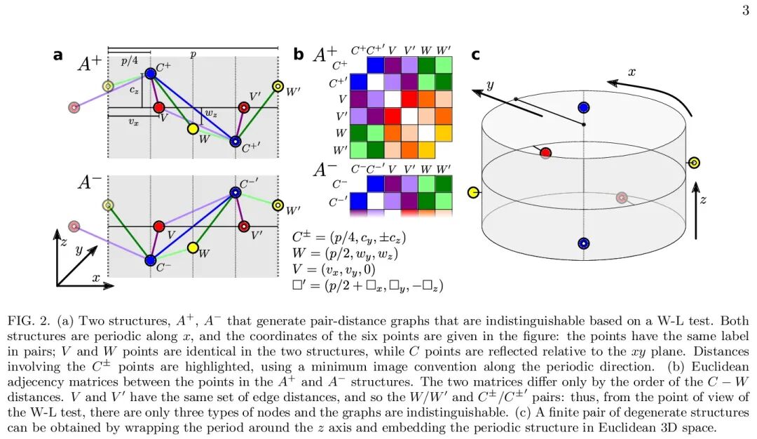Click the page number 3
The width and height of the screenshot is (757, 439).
point(745,10)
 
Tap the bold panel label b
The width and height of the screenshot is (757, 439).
point(299,55)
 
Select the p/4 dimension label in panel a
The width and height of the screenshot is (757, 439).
point(129,61)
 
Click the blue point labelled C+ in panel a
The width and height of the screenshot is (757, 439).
point(151,73)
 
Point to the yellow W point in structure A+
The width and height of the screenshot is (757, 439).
point(193,129)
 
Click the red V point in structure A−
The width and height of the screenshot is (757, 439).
point(158,227)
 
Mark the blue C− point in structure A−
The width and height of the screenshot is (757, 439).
point(151,260)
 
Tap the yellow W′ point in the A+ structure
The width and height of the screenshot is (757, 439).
point(278,86)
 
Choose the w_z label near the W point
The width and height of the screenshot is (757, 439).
point(210,113)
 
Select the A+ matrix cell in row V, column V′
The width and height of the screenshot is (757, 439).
point(409,97)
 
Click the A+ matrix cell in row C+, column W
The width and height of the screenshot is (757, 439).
point(425,65)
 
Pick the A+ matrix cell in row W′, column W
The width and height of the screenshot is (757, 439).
point(425,149)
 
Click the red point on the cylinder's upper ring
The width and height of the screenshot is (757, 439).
point(545,152)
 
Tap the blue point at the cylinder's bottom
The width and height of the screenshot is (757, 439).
point(583,243)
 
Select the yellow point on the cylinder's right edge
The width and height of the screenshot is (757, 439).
point(694,163)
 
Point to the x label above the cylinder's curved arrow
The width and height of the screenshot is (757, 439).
point(631,72)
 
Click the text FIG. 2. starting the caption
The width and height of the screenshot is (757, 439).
point(26,322)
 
